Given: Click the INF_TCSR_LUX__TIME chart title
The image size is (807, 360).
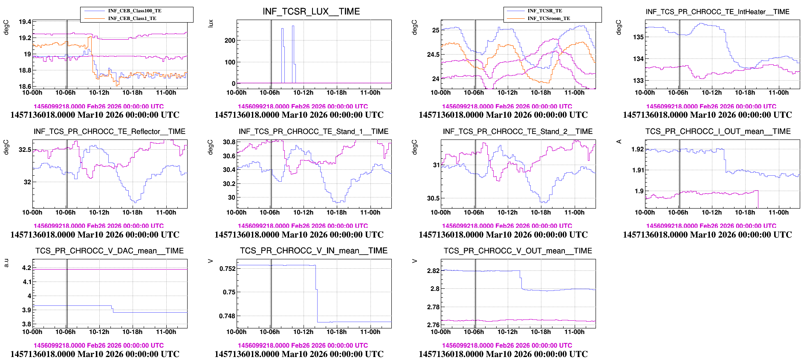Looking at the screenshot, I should click(x=311, y=12).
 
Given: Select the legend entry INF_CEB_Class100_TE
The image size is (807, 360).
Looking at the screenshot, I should click(x=135, y=11).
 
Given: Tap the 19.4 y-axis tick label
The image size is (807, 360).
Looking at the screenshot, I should click(x=25, y=22).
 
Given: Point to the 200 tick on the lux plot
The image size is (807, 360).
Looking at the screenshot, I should click(x=230, y=41).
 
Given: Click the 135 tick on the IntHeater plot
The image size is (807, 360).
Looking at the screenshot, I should click(x=638, y=37).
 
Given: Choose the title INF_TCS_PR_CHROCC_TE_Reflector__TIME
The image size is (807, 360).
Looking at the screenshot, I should click(x=110, y=131).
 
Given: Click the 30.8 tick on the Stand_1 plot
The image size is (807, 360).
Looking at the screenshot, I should click(x=229, y=142).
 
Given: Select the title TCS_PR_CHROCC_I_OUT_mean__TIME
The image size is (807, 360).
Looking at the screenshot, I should click(x=718, y=131).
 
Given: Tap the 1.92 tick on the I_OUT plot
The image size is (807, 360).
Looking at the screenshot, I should click(x=638, y=149).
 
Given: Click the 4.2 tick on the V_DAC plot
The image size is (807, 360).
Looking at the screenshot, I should click(x=26, y=268).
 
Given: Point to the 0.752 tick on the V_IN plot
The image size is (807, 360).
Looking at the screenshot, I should click(x=227, y=269).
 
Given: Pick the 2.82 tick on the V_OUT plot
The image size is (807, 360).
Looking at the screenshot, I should click(x=433, y=271).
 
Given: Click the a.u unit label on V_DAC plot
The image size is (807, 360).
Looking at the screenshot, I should click(x=6, y=263).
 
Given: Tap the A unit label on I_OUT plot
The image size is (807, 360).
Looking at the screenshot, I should click(x=619, y=141).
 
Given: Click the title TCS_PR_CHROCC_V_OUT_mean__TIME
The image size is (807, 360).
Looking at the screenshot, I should click(x=518, y=251).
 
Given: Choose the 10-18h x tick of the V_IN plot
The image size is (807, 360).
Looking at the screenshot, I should click(x=336, y=332).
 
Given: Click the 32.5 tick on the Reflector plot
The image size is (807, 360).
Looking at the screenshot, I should click(x=25, y=150).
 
